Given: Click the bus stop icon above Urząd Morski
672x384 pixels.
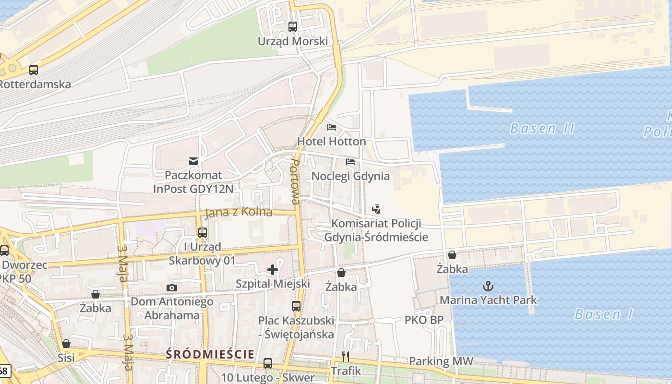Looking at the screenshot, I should click(293, 27).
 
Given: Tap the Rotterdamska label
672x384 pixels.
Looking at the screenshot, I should click(35, 84).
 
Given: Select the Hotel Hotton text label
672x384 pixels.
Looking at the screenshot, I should click(331, 142).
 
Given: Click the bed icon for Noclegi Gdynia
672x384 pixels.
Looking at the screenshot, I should click(350, 162).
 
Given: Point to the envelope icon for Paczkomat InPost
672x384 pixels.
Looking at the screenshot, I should click(193, 161).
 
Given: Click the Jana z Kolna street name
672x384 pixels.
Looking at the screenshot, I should click(239, 213).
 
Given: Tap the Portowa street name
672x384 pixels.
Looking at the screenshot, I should click(296, 181).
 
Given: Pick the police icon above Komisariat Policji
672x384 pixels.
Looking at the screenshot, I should click(376, 209).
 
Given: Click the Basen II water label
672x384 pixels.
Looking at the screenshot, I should click(542, 129).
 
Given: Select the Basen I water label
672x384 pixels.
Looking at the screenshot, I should click(604, 315).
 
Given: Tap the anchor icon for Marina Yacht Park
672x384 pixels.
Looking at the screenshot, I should click(488, 287).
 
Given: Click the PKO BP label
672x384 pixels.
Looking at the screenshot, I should click(424, 320).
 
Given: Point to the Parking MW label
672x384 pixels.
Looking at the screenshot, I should click(441, 361).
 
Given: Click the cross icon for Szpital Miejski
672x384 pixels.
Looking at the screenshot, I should click(273, 270).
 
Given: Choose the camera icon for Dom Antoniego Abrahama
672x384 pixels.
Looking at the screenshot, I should click(171, 288).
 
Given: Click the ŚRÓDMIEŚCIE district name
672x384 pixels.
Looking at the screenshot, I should click(210, 354).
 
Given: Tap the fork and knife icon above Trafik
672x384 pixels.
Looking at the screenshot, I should click(345, 356).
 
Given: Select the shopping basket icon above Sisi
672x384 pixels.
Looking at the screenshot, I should click(66, 344).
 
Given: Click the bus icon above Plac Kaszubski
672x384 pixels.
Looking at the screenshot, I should click(296, 306).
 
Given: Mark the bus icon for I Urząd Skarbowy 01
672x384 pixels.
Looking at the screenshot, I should click(203, 233).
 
